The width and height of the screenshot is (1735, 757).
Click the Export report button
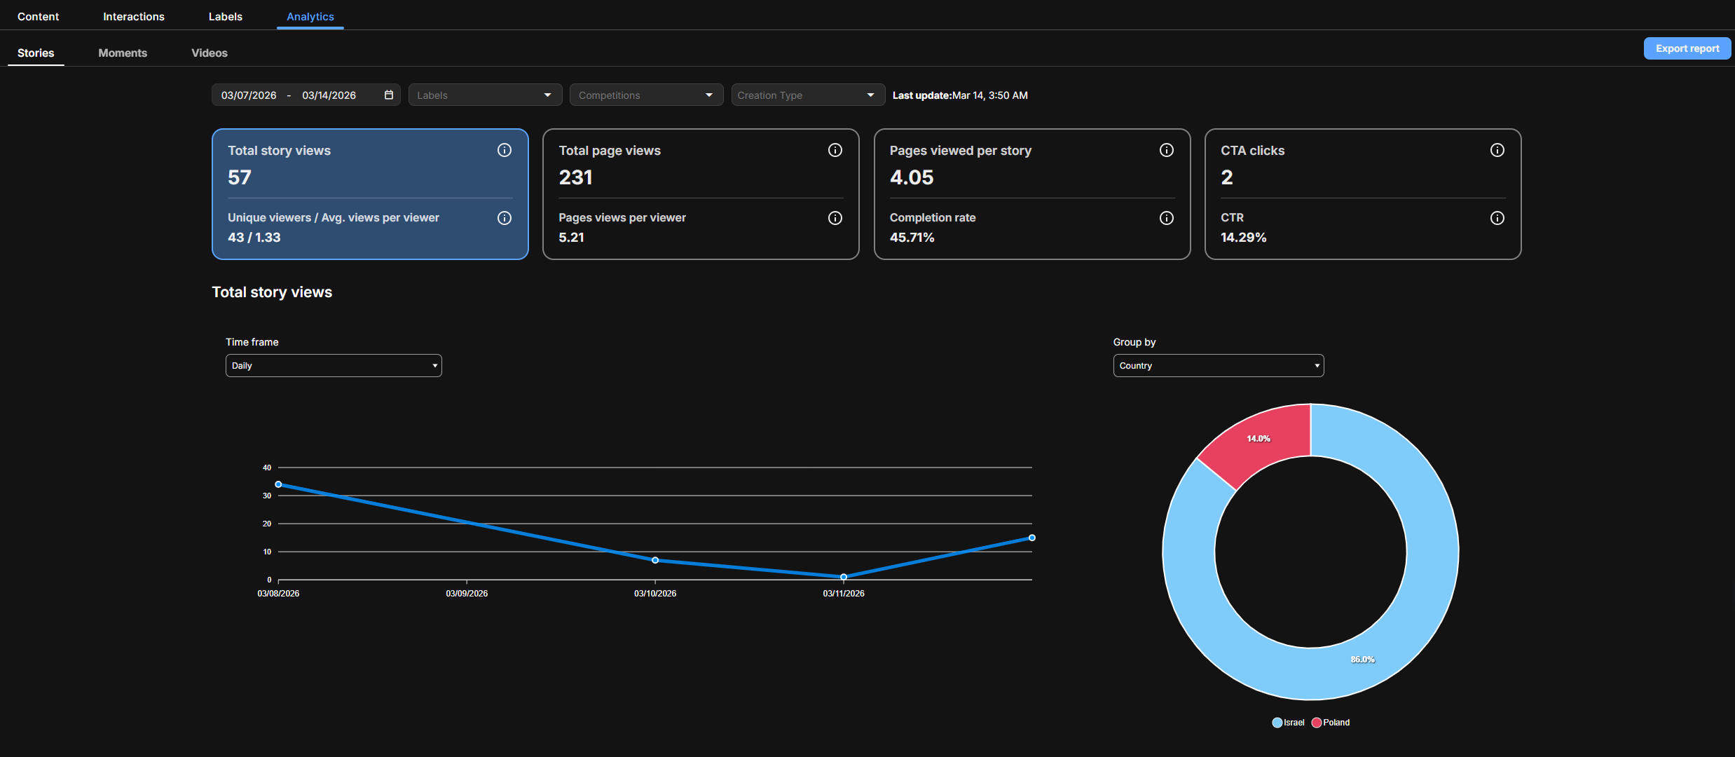(x=1687, y=48)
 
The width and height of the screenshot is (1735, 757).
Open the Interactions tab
(x=134, y=16)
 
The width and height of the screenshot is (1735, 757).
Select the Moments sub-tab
(x=123, y=53)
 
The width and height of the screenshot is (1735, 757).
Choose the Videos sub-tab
(x=210, y=53)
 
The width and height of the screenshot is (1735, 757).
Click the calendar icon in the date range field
(x=389, y=95)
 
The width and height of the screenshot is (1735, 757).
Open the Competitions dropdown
(x=646, y=95)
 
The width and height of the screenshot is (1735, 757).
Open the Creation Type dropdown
(x=808, y=95)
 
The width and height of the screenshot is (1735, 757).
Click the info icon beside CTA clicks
(x=1497, y=150)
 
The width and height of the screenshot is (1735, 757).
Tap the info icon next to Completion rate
(x=1167, y=218)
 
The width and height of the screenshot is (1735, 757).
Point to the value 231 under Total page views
(x=575, y=177)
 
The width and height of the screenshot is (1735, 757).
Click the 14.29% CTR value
(x=1244, y=238)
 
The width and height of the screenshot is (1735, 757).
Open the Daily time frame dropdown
(x=334, y=365)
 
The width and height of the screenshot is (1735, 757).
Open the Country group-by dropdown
(x=1219, y=365)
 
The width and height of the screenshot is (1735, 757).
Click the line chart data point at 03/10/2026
(x=655, y=560)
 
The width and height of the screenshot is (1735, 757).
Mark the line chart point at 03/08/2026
(x=278, y=484)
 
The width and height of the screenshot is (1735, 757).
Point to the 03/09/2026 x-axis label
(x=467, y=594)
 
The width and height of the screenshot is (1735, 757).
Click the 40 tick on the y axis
(x=267, y=468)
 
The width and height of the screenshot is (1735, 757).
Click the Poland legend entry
(x=1331, y=723)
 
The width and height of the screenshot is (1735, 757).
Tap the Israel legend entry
(x=1289, y=723)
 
